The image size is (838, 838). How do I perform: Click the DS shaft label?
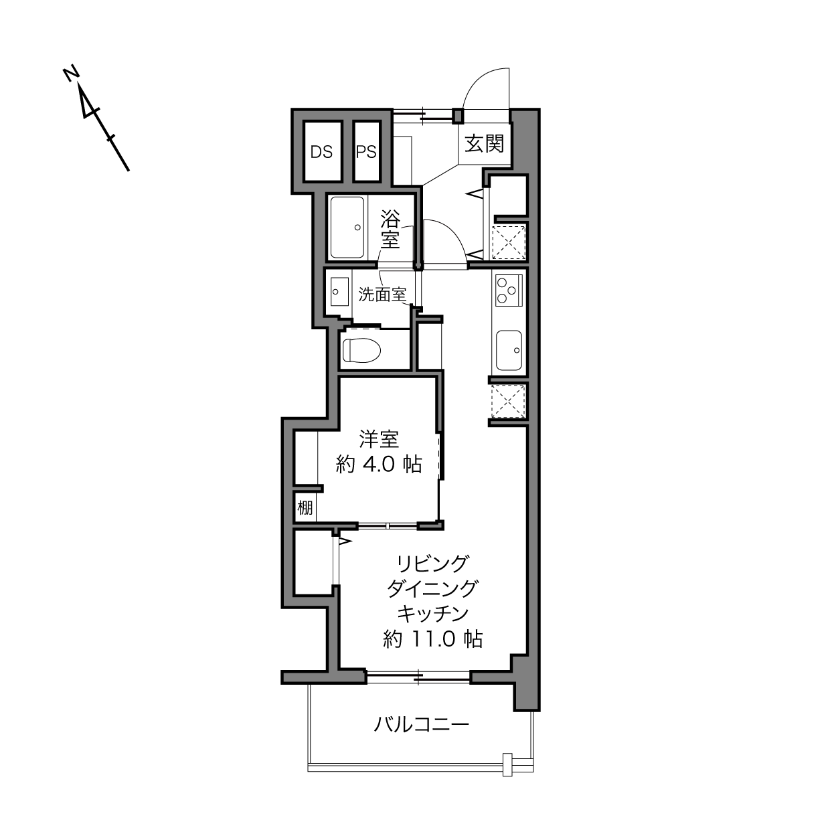(x=321, y=152)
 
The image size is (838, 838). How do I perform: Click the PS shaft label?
(x=366, y=152)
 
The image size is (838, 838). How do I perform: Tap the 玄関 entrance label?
(x=485, y=143)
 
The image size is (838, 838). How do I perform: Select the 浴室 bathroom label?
(x=390, y=229)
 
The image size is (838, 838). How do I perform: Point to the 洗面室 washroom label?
(x=382, y=295)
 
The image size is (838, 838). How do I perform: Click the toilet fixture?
(x=361, y=350)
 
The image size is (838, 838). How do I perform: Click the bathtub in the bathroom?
(x=347, y=227)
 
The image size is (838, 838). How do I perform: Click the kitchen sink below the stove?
(x=509, y=350)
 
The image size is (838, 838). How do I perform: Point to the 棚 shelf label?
(x=305, y=507)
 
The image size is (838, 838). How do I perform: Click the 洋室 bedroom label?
(x=379, y=439)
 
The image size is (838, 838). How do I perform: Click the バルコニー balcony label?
(x=422, y=724)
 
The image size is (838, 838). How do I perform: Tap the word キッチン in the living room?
(x=432, y=614)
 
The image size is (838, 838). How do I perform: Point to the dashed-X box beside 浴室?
(x=509, y=242)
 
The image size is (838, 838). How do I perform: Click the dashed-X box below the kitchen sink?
(x=509, y=401)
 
